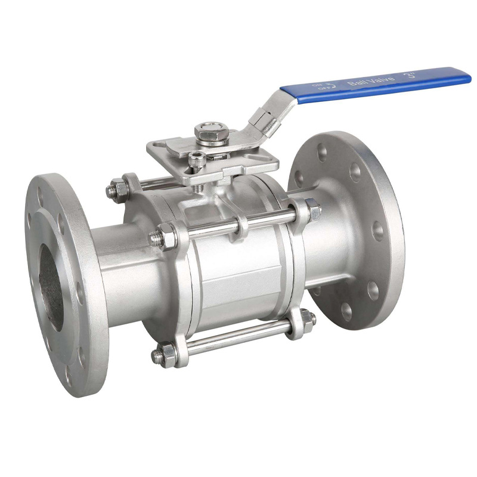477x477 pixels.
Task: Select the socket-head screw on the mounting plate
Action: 197,158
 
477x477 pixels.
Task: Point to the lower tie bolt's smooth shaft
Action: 238,337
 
